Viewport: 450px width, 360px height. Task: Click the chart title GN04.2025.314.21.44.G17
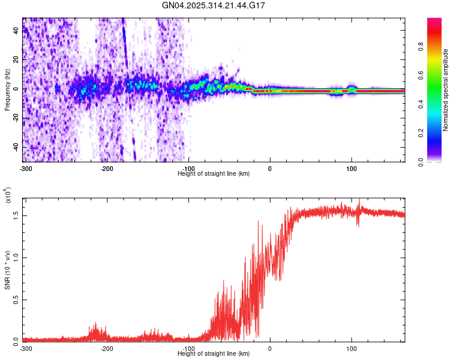pyautogui.click(x=214, y=5)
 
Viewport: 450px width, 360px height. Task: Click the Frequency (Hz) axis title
pyautogui.click(x=8, y=90)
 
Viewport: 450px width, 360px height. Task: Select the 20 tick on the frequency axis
pyautogui.click(x=16, y=60)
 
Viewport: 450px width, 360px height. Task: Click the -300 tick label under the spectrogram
pyautogui.click(x=26, y=168)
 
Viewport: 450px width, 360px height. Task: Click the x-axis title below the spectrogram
pyautogui.click(x=214, y=173)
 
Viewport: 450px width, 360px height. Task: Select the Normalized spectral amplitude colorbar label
pyautogui.click(x=446, y=90)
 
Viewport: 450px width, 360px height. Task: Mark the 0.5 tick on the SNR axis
pyautogui.click(x=16, y=299)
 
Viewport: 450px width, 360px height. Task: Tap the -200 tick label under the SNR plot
pyautogui.click(x=107, y=348)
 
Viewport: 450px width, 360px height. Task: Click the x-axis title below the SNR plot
pyautogui.click(x=214, y=353)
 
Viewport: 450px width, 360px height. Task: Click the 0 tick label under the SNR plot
pyautogui.click(x=270, y=348)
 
